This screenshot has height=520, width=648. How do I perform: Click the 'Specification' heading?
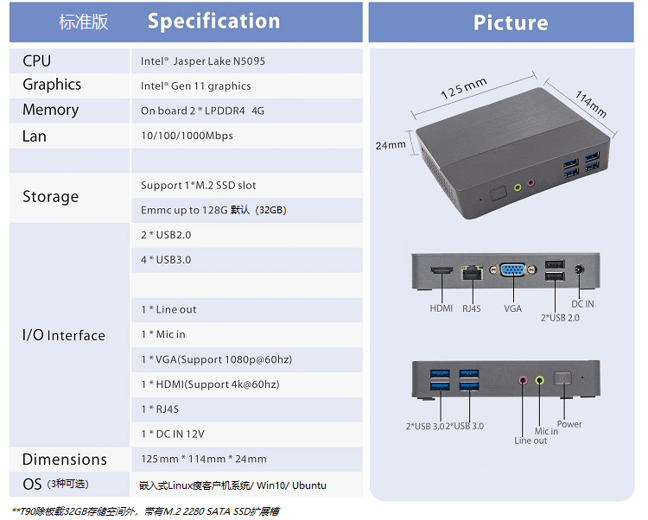pos(213,22)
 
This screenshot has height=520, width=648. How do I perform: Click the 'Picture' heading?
pos(511,22)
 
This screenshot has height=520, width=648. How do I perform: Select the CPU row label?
pos(37,61)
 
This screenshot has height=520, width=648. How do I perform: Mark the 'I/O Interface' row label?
pos(64,335)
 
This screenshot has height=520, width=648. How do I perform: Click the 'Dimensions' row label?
pos(65,460)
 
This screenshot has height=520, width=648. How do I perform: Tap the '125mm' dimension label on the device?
pos(464,88)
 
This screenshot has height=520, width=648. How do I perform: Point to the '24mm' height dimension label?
pos(391,145)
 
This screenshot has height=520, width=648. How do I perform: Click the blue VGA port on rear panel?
pos(513,270)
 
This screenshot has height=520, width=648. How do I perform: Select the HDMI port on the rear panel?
pos(442,270)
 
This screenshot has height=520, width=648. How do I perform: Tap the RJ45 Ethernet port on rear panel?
pos(473,273)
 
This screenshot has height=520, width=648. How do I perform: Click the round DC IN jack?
pos(580,270)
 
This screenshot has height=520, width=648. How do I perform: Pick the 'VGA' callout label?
pos(513,308)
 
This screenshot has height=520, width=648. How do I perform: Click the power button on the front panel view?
pos(562,378)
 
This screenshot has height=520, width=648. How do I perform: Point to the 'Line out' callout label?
pos(530,441)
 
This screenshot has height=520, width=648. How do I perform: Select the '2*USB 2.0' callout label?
pos(560,318)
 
